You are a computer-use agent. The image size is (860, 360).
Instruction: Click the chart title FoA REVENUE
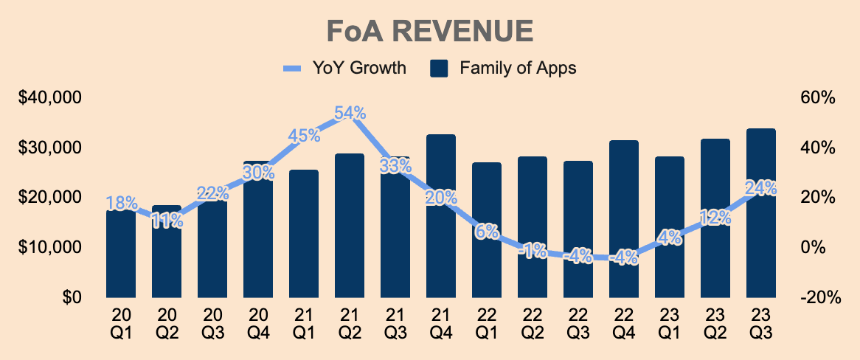[x=429, y=32]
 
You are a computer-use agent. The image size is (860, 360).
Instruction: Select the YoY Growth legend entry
[x=344, y=69]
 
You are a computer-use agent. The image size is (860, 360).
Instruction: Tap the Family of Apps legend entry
[x=503, y=69]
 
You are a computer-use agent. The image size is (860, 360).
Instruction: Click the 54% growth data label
[x=350, y=113]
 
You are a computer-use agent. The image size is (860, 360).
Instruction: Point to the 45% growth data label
[x=304, y=136]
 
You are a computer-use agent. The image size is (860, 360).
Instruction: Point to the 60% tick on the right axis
[x=819, y=98]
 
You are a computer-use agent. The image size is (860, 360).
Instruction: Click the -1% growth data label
[x=533, y=251]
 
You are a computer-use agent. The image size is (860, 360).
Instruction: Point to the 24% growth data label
[x=761, y=188]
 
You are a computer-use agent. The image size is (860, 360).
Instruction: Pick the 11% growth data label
[x=167, y=220]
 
